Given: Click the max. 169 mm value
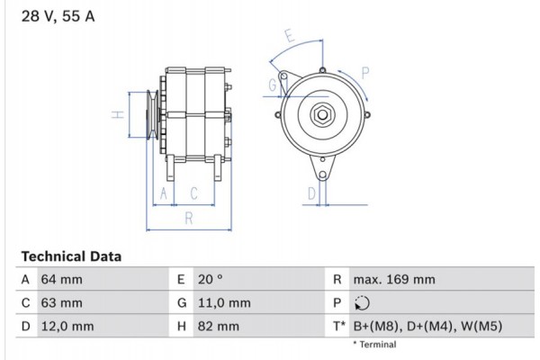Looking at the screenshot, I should [x=394, y=280].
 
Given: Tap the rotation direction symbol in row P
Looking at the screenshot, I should [x=362, y=303].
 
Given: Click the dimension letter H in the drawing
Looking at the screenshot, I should [x=116, y=114].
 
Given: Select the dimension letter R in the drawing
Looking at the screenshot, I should [x=188, y=218].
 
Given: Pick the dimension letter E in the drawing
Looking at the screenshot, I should [x=289, y=37].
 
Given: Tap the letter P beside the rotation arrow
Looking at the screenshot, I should [x=365, y=73].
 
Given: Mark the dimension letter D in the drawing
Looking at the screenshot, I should [x=311, y=193].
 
